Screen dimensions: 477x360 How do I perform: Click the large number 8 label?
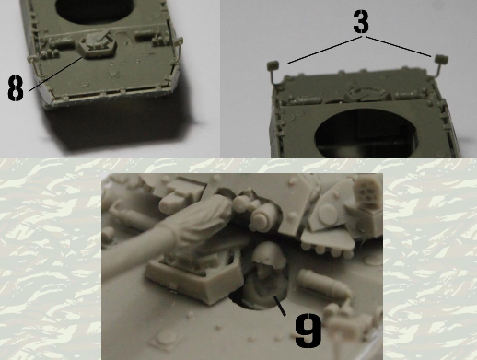coord(16,88)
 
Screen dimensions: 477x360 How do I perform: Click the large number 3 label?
coord(361,21)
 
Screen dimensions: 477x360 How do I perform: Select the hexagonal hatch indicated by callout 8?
coord(97,45)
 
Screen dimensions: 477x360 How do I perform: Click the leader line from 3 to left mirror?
coord(325,50)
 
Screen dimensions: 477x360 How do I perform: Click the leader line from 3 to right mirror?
coord(399,46)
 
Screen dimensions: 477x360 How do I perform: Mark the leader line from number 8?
coord(55,74)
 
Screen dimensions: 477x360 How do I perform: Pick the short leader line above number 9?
coord(280,306)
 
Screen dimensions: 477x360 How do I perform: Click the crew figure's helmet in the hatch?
coord(268,252)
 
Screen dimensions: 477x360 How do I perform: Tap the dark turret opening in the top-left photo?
coord(95,9)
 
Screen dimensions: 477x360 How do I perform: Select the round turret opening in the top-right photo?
coord(367,134)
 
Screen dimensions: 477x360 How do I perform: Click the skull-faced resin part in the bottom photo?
coord(367,192)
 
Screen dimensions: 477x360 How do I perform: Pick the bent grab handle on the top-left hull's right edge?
coord(178,51)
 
